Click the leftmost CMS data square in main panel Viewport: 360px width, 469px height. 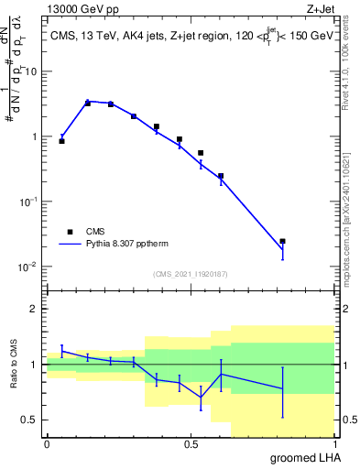pyautogui.click(x=61, y=141)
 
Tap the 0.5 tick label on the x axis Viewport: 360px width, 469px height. pyautogui.click(x=191, y=444)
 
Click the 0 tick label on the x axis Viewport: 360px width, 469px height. pyautogui.click(x=47, y=444)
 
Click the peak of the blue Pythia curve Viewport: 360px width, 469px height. pyautogui.click(x=88, y=102)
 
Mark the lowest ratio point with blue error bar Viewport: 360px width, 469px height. pyautogui.click(x=201, y=397)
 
